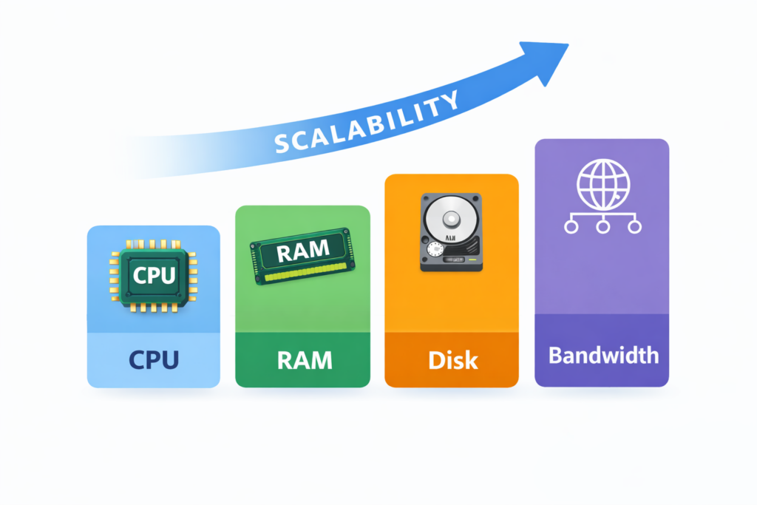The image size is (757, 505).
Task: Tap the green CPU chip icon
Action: pos(153,276)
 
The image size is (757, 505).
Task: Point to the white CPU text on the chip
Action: pos(154,275)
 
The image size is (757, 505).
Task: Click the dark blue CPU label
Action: pos(153,359)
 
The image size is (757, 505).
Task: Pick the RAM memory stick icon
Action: pos(302,256)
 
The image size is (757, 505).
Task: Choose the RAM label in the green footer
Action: pos(303,360)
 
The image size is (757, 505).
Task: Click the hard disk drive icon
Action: pos(451,232)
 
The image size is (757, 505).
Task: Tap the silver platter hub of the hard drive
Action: pos(452,220)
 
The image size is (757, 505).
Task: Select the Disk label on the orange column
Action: pos(452,360)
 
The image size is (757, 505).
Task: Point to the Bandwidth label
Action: pos(603,354)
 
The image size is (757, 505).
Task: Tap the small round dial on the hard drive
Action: pos(435,251)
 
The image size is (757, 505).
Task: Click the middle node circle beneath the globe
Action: pos(602,226)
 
